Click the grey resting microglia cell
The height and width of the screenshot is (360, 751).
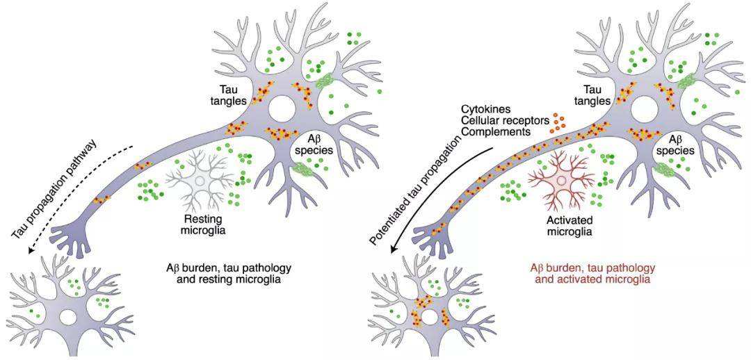[x=202, y=179]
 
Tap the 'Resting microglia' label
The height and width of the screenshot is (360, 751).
[x=203, y=224]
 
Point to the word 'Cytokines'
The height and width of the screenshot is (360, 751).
[x=486, y=109]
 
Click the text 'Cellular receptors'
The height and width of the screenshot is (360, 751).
[x=505, y=120]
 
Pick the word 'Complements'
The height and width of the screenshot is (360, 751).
[x=496, y=131]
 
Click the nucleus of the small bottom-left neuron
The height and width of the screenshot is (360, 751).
[x=68, y=316]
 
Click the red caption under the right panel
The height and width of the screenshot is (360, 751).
[x=592, y=273]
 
